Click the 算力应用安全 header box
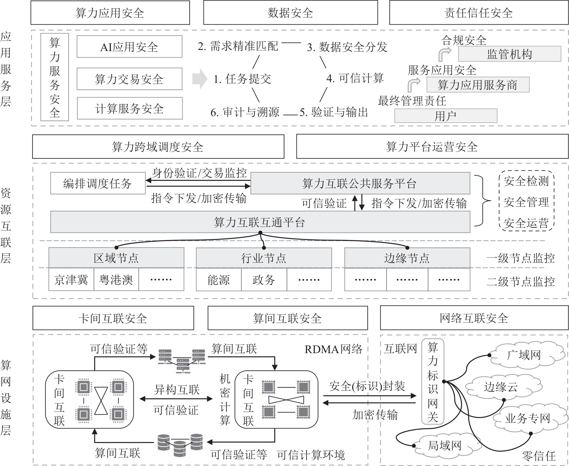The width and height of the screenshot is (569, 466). point(110,13)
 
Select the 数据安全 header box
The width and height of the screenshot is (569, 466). point(290,13)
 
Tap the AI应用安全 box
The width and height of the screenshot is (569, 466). point(129,47)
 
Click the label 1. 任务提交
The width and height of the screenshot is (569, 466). point(242,79)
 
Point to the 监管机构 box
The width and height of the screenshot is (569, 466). point(509,54)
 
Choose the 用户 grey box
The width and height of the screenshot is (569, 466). point(445,116)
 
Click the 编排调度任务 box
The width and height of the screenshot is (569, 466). point(98,183)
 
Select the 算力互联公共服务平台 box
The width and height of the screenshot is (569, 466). point(360,183)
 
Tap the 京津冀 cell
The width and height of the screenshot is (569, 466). point(71,280)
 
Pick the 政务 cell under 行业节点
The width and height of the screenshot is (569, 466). point(264,280)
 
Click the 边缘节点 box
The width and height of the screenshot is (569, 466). point(407,258)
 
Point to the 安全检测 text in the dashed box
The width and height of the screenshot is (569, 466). point(526,181)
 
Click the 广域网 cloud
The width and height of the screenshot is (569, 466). point(524,355)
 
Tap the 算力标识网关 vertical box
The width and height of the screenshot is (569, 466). point(433,382)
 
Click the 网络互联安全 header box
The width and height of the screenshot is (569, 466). point(474,318)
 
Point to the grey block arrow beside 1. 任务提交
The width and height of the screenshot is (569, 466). point(200,79)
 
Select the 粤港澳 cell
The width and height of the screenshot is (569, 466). point(116,280)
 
